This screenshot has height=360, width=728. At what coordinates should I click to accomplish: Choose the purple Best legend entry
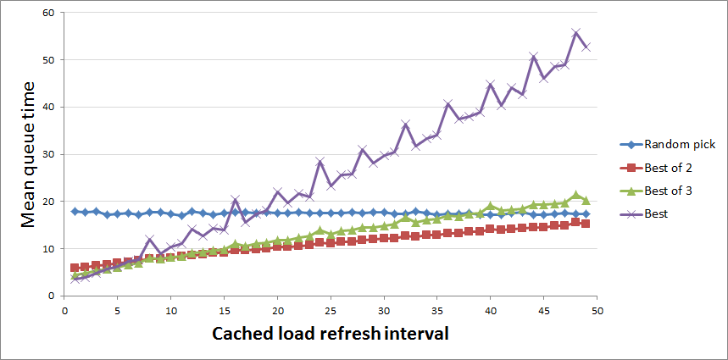pos(656,214)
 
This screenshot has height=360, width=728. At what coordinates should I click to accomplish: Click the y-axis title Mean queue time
pos(29,154)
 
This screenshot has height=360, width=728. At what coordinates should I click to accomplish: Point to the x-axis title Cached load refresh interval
pos(330,333)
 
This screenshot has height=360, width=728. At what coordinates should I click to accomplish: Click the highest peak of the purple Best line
pos(575,33)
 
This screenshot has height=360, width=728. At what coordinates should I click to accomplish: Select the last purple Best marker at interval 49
pos(586,47)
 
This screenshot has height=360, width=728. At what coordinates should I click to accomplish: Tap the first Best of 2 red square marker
pos(75,268)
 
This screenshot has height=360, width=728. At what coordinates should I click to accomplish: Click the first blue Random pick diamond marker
pos(75,211)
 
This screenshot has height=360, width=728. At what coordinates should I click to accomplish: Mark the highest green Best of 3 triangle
pos(575,195)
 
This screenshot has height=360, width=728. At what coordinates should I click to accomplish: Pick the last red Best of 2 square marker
pos(586,224)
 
